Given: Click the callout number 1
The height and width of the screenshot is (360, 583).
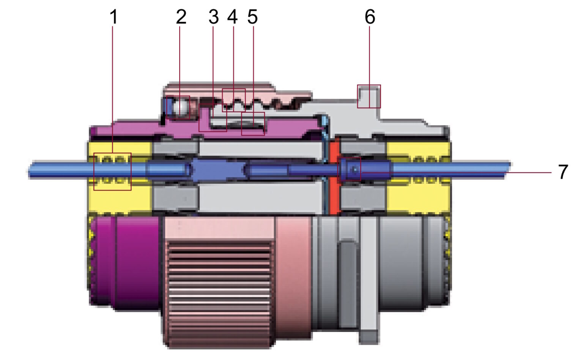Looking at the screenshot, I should (x=113, y=17).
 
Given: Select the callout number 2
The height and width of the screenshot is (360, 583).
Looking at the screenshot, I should (x=181, y=17).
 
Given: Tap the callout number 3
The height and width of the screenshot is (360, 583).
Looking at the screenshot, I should (x=214, y=17).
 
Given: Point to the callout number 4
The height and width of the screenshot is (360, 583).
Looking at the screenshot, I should (x=232, y=17).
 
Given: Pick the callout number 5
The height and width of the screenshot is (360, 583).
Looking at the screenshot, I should (x=252, y=17).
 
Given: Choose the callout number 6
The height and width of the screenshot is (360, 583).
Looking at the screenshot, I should (x=370, y=17).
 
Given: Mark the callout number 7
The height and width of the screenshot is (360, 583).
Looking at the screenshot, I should (x=563, y=172).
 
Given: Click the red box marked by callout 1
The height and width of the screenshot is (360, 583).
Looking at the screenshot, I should (x=112, y=172).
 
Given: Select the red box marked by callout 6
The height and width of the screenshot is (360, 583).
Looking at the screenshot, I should (x=369, y=96).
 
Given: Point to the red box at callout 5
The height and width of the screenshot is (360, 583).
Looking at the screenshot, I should (x=253, y=124).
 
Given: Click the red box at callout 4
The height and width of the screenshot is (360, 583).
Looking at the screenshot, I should (x=234, y=100).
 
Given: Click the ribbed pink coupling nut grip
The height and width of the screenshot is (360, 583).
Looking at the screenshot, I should (x=219, y=292).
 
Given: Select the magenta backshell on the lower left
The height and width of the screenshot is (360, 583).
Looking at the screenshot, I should (x=125, y=262).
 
